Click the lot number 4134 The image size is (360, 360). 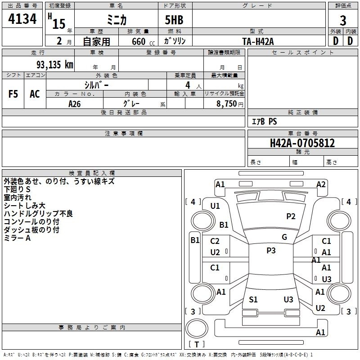coord(22,18)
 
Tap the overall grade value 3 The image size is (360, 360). coord(343,21)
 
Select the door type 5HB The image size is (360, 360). coord(174,20)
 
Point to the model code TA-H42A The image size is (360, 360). coord(258,41)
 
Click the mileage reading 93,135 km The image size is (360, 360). coord(55,65)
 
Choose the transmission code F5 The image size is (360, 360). coord(13,94)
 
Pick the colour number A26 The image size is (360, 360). coord(75,104)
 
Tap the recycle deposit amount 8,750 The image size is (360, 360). coord(226,104)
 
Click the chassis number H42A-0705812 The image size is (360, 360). coord(302,143)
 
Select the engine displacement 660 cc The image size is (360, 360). coord(143,41)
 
